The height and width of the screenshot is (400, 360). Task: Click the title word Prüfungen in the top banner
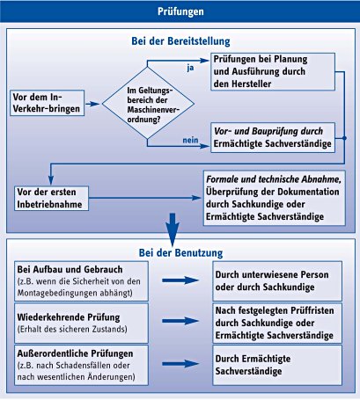pyautogui.click(x=180, y=11)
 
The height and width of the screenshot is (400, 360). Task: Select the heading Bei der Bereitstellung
pyautogui.click(x=180, y=41)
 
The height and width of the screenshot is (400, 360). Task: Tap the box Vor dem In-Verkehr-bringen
pyautogui.click(x=48, y=103)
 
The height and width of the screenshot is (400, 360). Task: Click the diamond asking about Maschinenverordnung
pyautogui.click(x=148, y=103)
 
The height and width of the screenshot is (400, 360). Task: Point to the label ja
pyautogui.click(x=190, y=68)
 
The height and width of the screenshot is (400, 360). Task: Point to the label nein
pyautogui.click(x=190, y=140)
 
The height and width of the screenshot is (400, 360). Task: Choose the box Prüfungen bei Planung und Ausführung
pyautogui.click(x=273, y=71)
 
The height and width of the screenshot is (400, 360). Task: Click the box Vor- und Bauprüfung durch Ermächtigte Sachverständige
pyautogui.click(x=273, y=137)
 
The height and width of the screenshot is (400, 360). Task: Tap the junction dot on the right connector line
pyautogui.click(x=344, y=138)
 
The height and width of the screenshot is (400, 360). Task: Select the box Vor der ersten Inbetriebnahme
pyautogui.click(x=52, y=198)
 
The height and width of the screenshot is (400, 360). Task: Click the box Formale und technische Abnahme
pyautogui.click(x=275, y=198)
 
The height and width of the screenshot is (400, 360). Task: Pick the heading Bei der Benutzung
pyautogui.click(x=180, y=253)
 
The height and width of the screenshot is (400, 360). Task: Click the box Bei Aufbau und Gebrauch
pyautogui.click(x=81, y=281)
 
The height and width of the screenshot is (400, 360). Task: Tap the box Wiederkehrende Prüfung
pyautogui.click(x=81, y=324)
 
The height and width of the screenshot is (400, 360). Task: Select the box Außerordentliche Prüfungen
pyautogui.click(x=81, y=365)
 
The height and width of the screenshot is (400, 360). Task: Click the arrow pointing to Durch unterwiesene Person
pyautogui.click(x=180, y=280)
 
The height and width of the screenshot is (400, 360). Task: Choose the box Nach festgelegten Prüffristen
pyautogui.click(x=277, y=324)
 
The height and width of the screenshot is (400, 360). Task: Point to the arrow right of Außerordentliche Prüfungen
pyautogui.click(x=180, y=364)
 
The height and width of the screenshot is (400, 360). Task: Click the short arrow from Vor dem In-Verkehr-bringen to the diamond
pyautogui.click(x=92, y=104)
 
